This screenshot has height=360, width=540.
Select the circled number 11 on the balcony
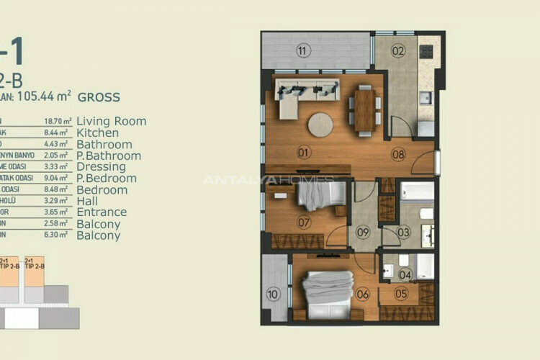302,50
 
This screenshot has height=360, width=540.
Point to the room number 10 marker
273,294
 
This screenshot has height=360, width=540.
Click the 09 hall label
364,232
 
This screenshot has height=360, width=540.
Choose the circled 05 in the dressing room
401,293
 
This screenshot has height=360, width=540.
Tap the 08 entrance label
398,153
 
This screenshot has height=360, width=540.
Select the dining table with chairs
365,109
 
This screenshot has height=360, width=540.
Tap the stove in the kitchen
426,52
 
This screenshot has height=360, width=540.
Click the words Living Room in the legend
111,121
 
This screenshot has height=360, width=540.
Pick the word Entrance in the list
101,212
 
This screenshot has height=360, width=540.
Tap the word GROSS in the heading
99,96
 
